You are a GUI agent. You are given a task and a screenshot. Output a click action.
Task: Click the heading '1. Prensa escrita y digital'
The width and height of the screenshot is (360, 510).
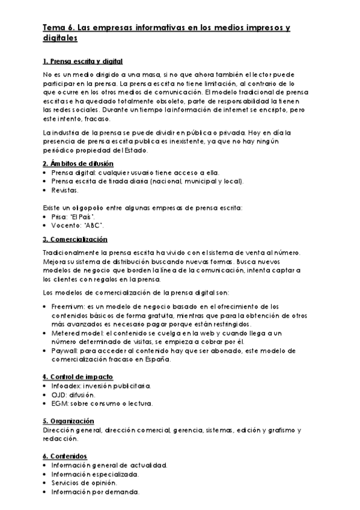click(83, 61)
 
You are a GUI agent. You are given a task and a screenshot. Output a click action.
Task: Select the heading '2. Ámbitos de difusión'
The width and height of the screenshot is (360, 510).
click(78, 164)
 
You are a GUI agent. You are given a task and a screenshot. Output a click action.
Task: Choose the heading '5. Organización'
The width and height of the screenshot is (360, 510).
click(69, 421)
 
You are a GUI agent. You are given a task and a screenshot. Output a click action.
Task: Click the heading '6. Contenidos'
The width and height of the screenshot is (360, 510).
click(66, 456)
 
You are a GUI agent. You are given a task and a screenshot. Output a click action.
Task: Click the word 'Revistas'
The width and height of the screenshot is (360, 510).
click(65, 190)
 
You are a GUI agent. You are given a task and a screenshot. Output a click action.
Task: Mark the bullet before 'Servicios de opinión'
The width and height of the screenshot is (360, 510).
click(46, 483)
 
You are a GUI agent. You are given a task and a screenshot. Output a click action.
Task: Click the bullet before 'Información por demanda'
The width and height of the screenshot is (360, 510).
click(46, 492)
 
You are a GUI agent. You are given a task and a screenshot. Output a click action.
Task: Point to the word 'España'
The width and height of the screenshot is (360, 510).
click(159, 360)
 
